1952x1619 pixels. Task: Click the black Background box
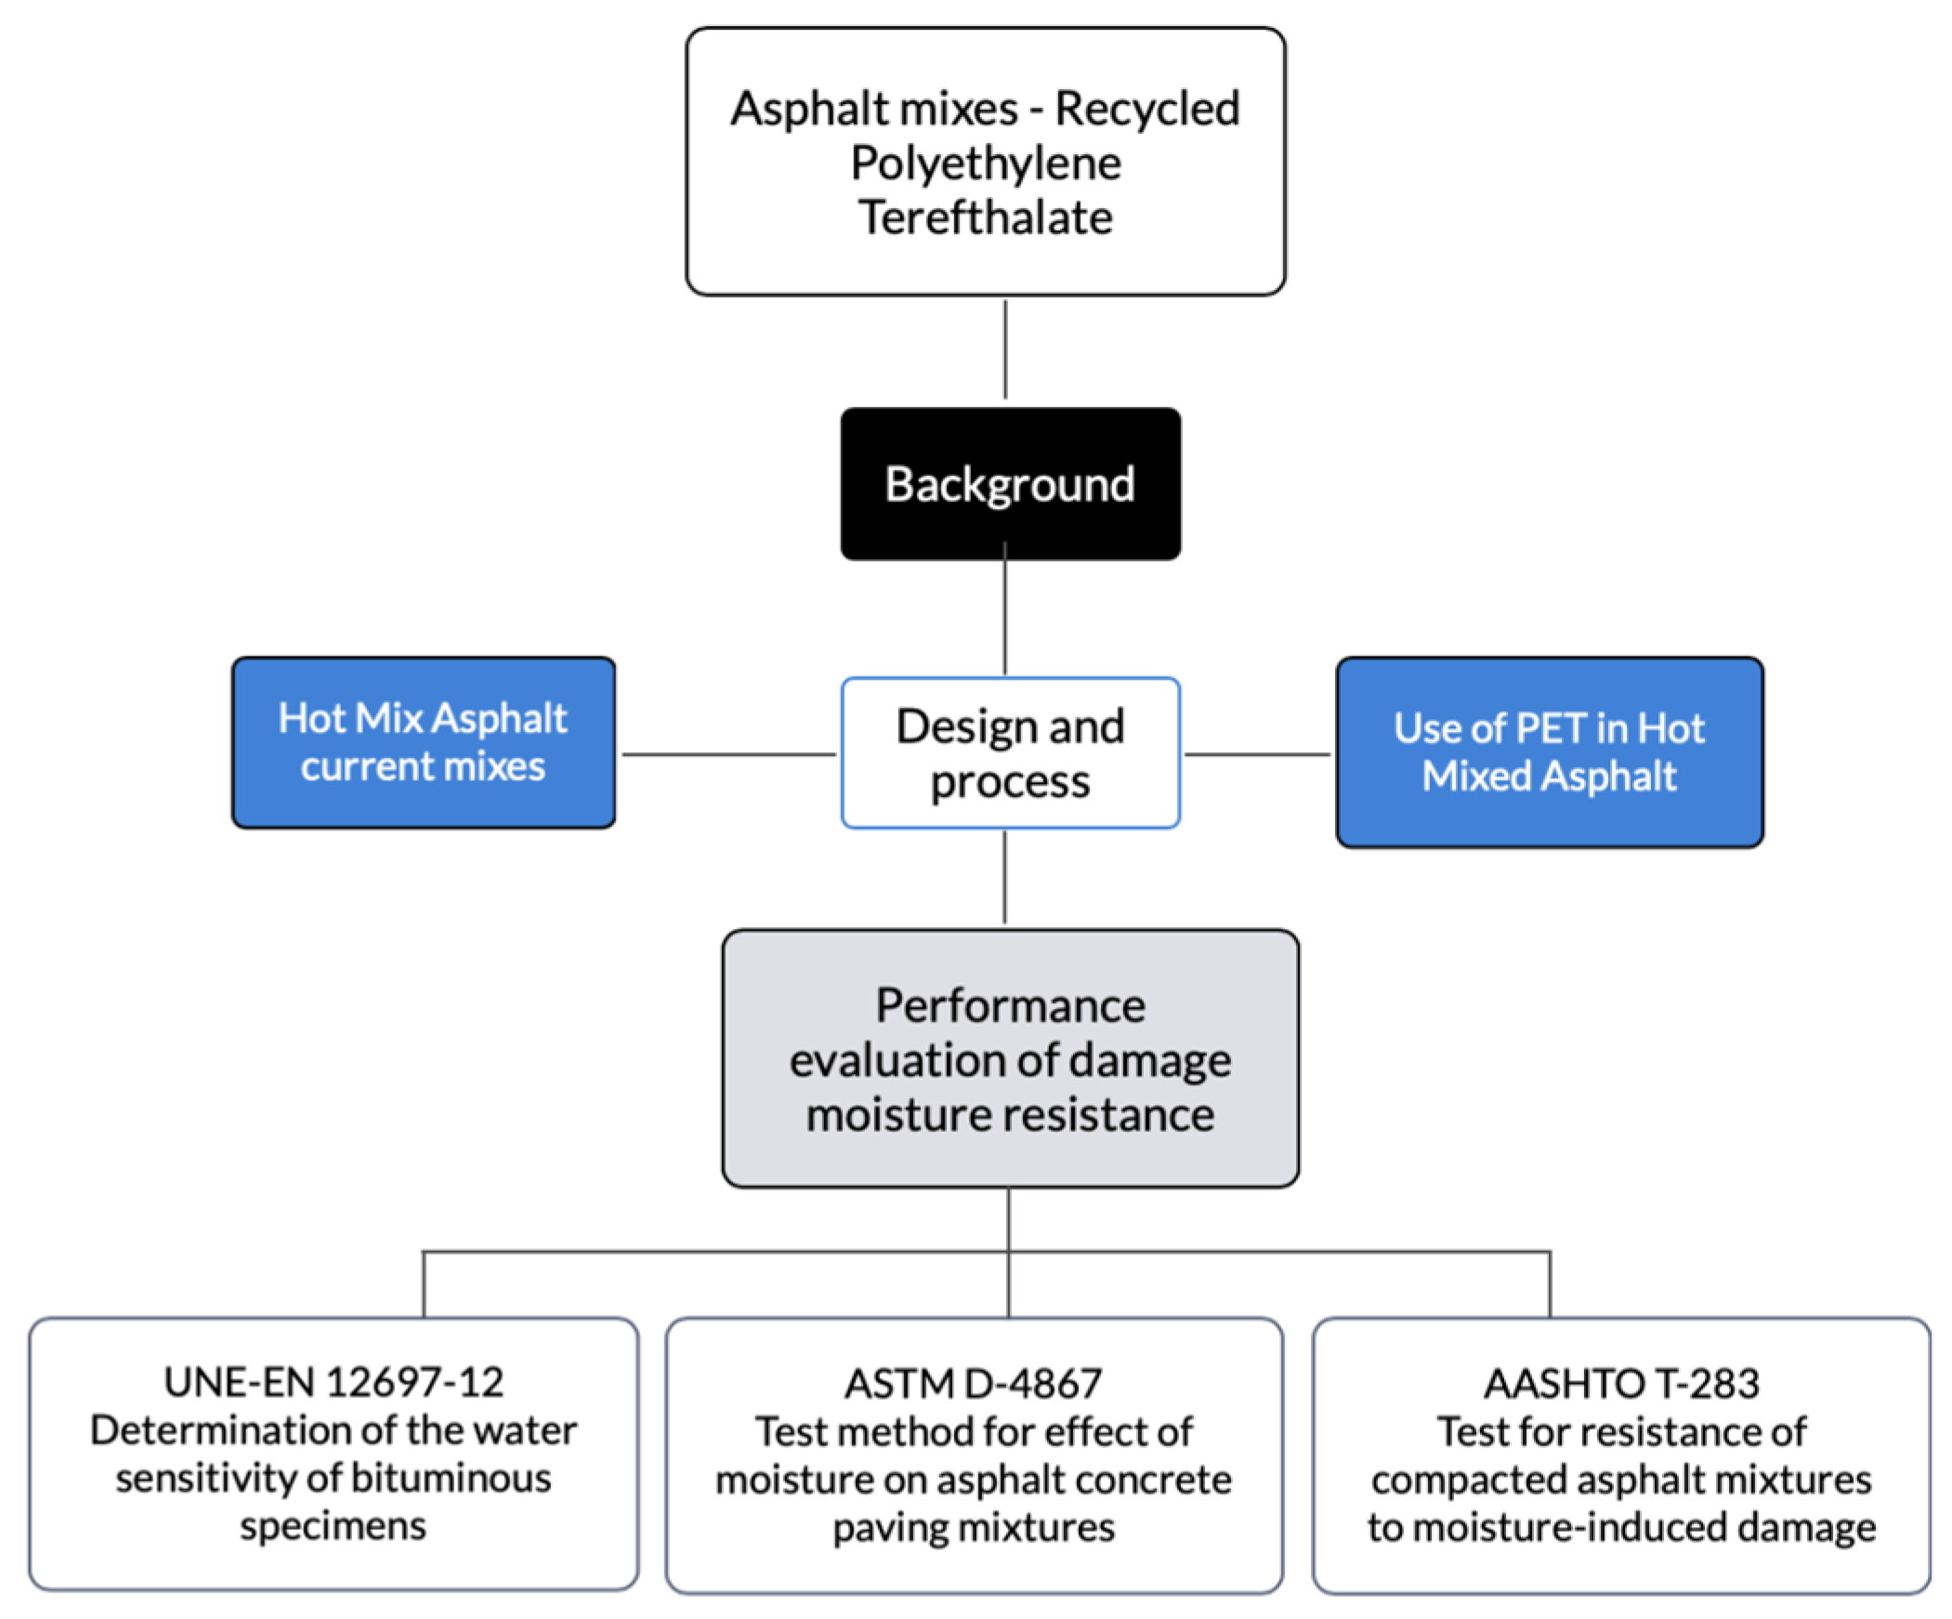pos(1011,483)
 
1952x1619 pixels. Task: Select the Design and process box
pos(1011,752)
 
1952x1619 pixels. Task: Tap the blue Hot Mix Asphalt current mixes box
pos(423,742)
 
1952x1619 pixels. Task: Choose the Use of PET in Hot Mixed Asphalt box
pos(1550,751)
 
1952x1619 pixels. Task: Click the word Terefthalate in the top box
pos(986,217)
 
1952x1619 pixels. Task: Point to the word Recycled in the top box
pos(1147,109)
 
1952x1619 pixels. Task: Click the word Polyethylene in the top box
pos(986,163)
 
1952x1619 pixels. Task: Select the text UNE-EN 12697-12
pos(334,1382)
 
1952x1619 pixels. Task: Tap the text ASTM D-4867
pos(973,1384)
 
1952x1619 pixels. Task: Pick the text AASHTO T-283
pos(1621,1384)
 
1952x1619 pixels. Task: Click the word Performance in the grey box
pos(1011,1006)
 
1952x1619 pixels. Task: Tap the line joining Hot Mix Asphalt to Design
pos(727,754)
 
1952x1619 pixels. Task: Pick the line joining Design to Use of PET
pos(1258,754)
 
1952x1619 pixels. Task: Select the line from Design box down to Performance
pos(1006,878)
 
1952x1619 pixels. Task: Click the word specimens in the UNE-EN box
pos(333,1525)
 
